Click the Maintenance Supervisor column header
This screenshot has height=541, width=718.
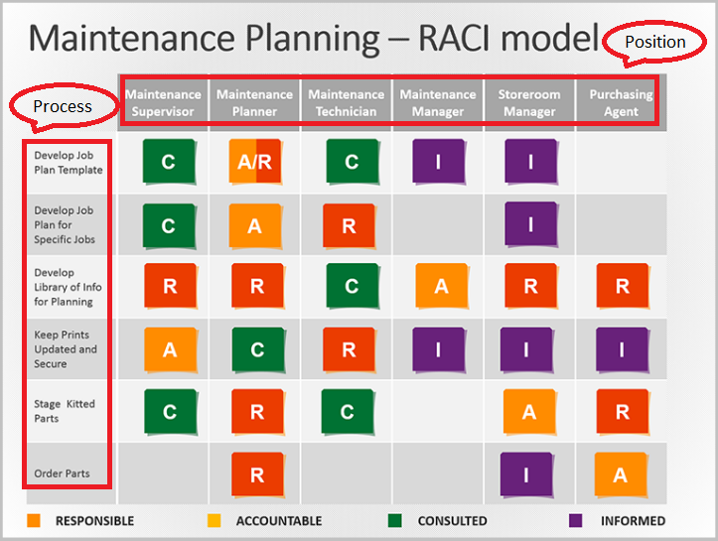point(163,102)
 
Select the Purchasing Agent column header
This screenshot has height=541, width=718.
point(621,102)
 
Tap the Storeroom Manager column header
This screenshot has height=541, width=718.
point(529,102)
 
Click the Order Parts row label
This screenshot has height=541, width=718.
point(62,473)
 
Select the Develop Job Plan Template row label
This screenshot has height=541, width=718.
point(68,162)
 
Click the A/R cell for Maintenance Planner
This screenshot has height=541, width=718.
point(255,163)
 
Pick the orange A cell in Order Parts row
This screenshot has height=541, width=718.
point(621,474)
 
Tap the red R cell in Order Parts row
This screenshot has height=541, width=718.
point(256,474)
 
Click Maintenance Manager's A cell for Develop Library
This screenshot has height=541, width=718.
point(440,287)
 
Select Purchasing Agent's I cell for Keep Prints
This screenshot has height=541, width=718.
point(622,349)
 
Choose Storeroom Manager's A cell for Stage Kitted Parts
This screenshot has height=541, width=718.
point(529,411)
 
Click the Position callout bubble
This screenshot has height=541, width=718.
point(654,42)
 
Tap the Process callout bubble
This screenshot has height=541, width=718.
point(62,105)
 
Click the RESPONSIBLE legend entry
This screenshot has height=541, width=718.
point(94,520)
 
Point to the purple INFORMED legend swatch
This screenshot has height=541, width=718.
point(575,519)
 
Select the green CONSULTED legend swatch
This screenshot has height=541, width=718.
point(394,519)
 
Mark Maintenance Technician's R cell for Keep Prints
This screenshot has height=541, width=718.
point(349,349)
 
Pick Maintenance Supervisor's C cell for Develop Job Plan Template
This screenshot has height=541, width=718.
point(167,163)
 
